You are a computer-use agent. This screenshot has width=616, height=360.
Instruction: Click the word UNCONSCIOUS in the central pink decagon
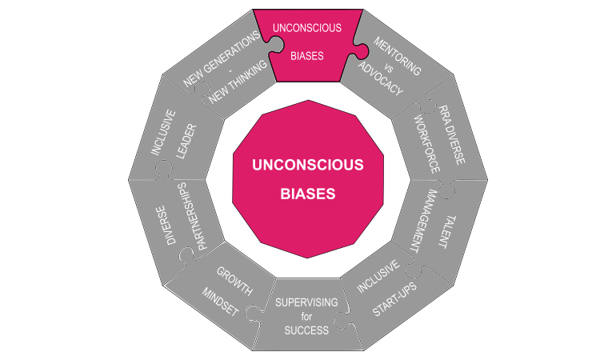[x=307, y=166]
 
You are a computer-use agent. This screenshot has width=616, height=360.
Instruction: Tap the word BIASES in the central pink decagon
[x=307, y=194]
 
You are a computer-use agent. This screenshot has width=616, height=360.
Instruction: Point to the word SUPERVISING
[x=306, y=302]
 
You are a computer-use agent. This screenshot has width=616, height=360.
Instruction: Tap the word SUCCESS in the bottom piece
[x=306, y=330]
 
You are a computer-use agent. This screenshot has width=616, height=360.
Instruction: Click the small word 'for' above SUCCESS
[x=306, y=317]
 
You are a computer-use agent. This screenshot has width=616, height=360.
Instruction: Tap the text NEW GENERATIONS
[x=221, y=60]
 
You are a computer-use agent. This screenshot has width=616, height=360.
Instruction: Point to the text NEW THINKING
[x=234, y=84]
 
